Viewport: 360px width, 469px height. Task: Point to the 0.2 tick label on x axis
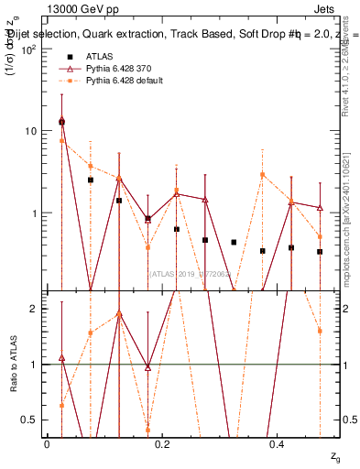pyautogui.click(x=162, y=443)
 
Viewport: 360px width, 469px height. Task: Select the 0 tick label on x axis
pyautogui.click(x=47, y=443)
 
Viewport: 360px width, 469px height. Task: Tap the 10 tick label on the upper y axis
pyautogui.click(x=30, y=131)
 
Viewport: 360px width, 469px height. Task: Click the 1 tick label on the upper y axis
pyautogui.click(x=33, y=213)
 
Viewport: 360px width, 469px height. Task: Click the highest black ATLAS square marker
pyautogui.click(x=61, y=122)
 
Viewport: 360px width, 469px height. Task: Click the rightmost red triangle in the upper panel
pyautogui.click(x=320, y=208)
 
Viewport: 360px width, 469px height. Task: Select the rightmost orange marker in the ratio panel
pyautogui.click(x=320, y=331)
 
